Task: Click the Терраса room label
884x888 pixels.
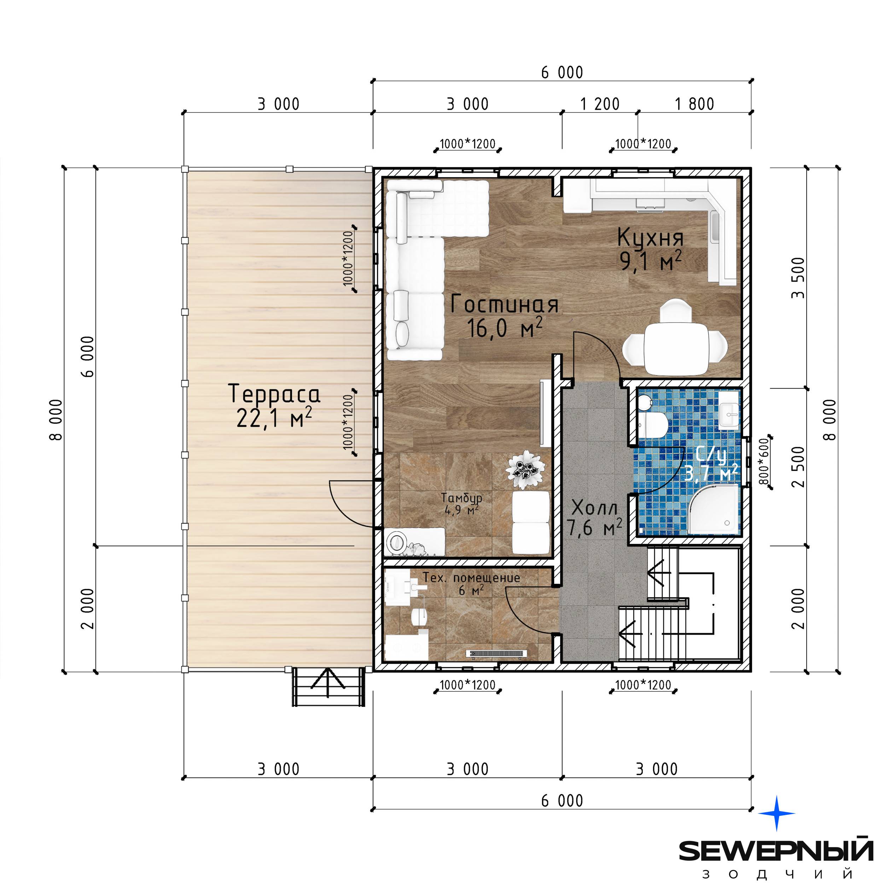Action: [274, 394]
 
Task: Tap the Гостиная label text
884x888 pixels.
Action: [505, 304]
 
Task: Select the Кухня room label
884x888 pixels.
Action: [650, 237]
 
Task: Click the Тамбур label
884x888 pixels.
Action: [462, 498]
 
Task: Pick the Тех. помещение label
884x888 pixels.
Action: [471, 578]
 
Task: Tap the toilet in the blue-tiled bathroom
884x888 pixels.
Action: [653, 424]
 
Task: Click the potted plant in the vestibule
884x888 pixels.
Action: [525, 469]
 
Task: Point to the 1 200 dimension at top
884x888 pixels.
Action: [600, 104]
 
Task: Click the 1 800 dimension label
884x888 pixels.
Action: [694, 104]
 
